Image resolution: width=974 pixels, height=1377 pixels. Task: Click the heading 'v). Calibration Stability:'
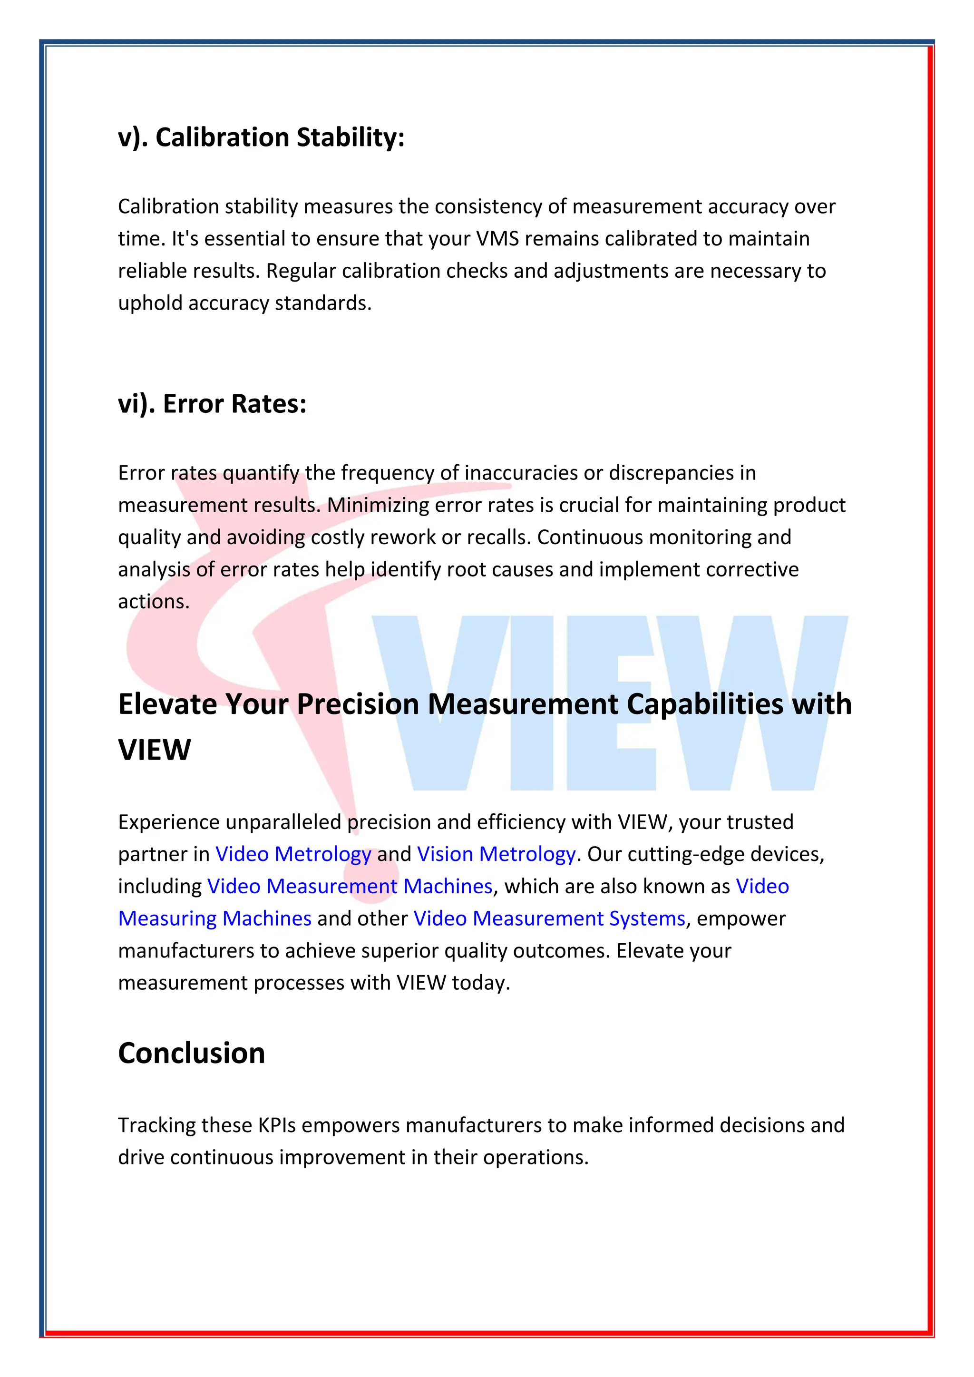(262, 137)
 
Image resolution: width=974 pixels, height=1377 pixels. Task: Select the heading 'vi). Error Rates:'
(212, 404)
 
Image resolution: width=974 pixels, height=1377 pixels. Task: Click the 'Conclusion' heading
(191, 1053)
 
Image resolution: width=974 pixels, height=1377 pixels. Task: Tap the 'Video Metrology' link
(293, 854)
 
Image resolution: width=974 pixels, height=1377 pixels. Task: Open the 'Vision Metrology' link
(496, 854)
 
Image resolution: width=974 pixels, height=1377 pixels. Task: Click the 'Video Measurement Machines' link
(350, 887)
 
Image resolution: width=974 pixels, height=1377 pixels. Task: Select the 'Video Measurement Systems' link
(549, 919)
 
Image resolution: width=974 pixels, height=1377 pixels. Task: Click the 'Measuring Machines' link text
(214, 919)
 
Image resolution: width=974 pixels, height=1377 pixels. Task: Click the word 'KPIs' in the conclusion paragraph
(277, 1125)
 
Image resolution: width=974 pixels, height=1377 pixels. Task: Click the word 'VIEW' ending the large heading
(155, 750)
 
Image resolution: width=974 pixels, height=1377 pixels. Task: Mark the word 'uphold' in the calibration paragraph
(150, 303)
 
